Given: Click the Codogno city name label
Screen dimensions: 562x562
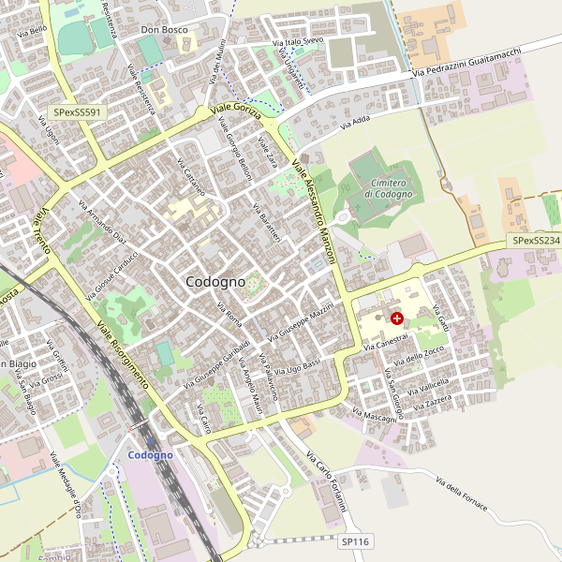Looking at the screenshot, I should [215, 281].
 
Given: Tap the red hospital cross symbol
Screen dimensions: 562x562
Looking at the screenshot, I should [397, 319].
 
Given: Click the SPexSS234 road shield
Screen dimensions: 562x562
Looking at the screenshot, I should [536, 241].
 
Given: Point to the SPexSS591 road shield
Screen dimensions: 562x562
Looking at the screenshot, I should [78, 112].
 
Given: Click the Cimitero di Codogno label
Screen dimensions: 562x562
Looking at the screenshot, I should [389, 187].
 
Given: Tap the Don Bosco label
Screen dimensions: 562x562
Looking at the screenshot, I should [164, 30].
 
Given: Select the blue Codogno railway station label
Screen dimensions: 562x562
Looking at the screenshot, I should [150, 454].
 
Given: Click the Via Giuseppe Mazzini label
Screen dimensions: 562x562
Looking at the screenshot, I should [301, 320].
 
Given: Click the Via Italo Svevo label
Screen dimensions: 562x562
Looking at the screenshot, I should [297, 42].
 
